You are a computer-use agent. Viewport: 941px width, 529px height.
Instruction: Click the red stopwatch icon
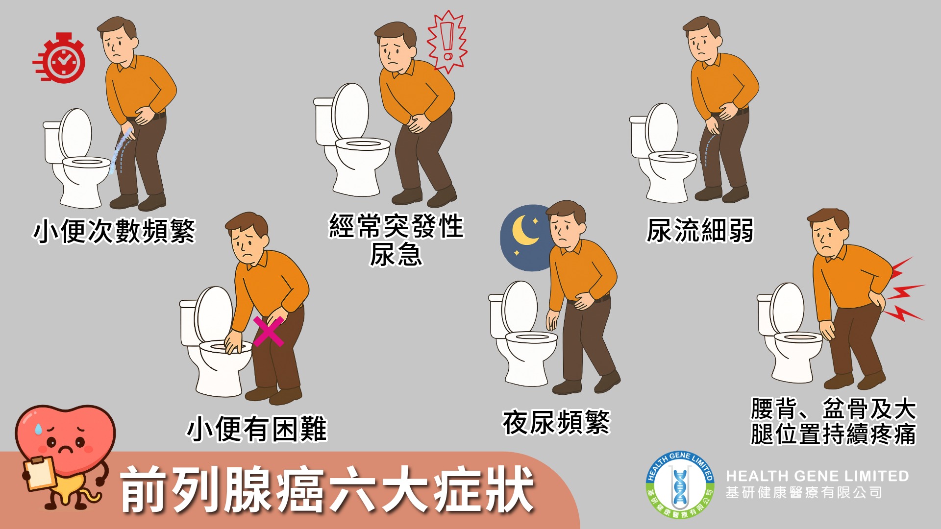(60, 58)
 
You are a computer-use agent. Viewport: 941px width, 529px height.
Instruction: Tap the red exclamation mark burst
(446, 41)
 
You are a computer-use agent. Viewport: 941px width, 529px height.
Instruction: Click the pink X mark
(268, 331)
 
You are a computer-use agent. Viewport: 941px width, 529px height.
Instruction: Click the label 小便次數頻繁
(114, 231)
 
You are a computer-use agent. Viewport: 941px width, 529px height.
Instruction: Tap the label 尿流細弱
(700, 230)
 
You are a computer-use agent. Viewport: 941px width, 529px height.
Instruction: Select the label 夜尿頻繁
(556, 422)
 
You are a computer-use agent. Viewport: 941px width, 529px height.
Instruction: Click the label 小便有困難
(257, 429)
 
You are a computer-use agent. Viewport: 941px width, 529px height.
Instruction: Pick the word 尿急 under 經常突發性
(396, 254)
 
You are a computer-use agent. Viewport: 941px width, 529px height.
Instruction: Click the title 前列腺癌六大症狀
(327, 489)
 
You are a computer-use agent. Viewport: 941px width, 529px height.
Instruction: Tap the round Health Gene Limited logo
(680, 485)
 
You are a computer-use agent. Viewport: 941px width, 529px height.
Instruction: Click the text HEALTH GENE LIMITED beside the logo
(817, 476)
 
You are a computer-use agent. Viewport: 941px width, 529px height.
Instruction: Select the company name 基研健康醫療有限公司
(804, 492)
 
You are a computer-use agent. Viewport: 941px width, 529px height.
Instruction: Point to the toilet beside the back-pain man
(790, 333)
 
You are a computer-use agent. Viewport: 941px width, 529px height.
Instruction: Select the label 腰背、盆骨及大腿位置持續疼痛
(833, 421)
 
